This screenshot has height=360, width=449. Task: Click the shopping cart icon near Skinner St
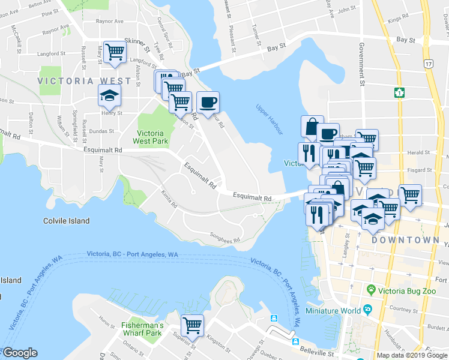click(x=114, y=51)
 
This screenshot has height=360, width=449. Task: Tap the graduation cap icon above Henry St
click(x=110, y=95)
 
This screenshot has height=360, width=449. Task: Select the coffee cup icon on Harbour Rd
click(x=208, y=101)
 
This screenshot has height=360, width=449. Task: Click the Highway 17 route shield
click(x=427, y=62)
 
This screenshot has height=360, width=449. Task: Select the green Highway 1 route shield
click(x=399, y=93)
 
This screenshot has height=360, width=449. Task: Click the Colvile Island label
click(x=67, y=221)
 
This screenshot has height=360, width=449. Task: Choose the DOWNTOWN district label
click(x=405, y=239)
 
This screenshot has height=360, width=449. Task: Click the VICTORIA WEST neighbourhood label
click(x=84, y=80)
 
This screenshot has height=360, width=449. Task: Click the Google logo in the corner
click(x=20, y=353)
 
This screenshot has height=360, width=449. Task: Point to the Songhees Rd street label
click(x=224, y=238)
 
